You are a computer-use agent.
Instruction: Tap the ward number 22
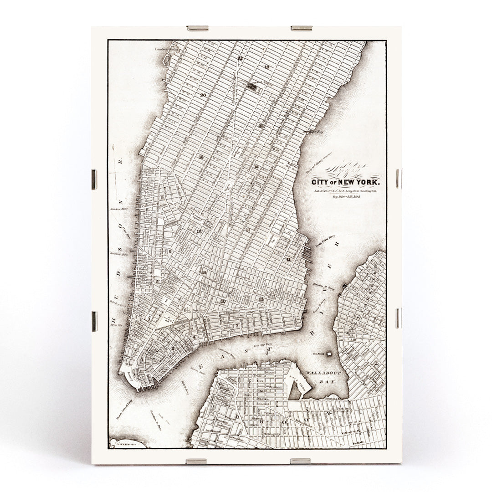(x=240, y=58)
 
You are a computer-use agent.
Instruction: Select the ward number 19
(x=267, y=67)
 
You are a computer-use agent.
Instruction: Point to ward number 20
(x=203, y=95)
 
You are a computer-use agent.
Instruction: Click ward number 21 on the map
(x=261, y=126)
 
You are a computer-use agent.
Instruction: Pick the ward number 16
(x=201, y=157)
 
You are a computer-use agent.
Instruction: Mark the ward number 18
(x=256, y=167)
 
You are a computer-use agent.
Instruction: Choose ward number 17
(x=248, y=230)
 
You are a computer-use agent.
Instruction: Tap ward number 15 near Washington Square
(x=199, y=231)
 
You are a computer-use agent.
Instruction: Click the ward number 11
(x=289, y=259)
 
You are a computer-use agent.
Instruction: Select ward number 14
(x=204, y=272)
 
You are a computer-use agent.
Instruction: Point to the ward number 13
(x=261, y=299)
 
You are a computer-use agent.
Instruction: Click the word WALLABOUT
(x=323, y=373)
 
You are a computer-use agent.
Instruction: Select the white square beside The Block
(x=328, y=354)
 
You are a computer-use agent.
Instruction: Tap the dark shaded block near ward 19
(x=251, y=85)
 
